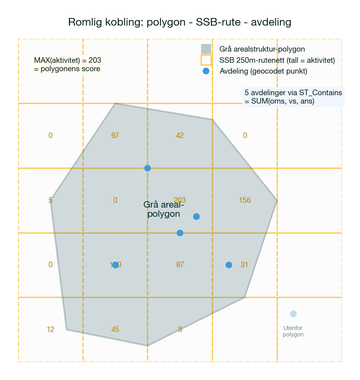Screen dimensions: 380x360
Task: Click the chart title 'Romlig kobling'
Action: click(180, 22)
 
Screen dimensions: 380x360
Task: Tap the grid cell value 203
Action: click(180, 200)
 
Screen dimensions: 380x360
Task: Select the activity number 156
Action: click(245, 200)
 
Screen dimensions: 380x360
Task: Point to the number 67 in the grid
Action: click(115, 136)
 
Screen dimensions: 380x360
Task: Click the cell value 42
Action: click(180, 136)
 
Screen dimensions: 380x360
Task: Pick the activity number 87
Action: click(180, 265)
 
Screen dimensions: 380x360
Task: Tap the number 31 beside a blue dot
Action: click(244, 265)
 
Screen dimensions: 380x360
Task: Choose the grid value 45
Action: click(115, 330)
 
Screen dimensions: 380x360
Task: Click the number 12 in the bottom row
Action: click(50, 330)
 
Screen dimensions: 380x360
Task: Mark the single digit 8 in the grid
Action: click(180, 330)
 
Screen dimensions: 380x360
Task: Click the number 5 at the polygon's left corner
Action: click(50, 200)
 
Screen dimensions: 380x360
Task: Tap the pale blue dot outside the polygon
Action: click(293, 314)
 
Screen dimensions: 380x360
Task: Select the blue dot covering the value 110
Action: click(115, 265)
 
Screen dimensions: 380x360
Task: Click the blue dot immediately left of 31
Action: click(229, 265)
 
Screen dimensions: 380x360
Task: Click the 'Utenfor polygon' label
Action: click(293, 332)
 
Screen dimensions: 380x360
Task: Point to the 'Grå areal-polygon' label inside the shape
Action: click(163, 209)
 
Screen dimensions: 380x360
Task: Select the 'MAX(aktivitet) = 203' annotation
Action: click(67, 64)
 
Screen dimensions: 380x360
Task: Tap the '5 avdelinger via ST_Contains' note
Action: click(293, 97)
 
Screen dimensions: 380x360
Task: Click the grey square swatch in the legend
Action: click(206, 49)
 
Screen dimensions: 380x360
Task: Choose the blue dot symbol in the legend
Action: click(206, 71)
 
